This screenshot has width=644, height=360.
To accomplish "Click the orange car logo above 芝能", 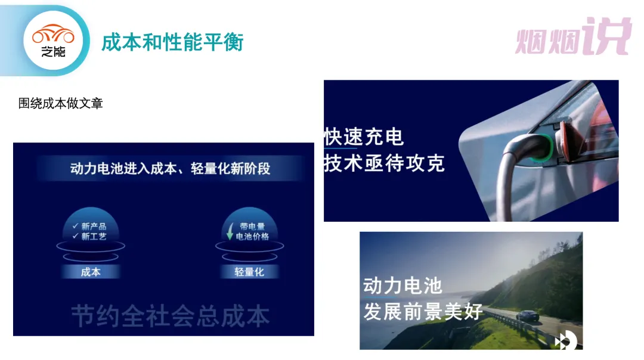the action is click(54, 34).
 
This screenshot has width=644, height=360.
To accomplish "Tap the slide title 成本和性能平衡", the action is click(172, 42).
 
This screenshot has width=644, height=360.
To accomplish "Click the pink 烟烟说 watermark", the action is click(574, 36).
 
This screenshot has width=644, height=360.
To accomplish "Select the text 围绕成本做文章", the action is click(60, 103).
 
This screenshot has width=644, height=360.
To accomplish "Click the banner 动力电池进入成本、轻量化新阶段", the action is click(170, 168).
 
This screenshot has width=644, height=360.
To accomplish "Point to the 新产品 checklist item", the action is click(89, 226).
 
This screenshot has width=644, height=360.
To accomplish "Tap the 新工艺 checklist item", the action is click(89, 237).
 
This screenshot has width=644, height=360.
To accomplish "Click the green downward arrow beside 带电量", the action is click(230, 231).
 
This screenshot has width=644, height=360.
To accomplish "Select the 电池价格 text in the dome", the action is click(252, 237).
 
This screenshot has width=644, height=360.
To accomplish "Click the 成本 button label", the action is click(91, 272).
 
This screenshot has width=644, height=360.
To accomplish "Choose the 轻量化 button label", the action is click(249, 272).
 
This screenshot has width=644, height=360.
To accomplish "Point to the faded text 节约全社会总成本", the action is click(171, 316).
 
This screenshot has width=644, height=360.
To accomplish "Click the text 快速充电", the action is click(364, 136).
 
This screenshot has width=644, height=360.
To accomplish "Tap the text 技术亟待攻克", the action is click(385, 163).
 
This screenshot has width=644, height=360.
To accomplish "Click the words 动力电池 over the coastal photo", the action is click(402, 285).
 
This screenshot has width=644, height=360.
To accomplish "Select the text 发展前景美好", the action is click(423, 312).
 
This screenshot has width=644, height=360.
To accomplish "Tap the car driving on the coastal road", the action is click(527, 315).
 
